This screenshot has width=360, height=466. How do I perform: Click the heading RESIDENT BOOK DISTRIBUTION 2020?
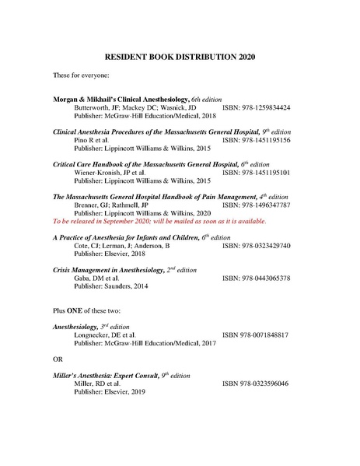tap(180, 57)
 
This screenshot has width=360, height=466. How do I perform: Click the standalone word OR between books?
tap(58, 359)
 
